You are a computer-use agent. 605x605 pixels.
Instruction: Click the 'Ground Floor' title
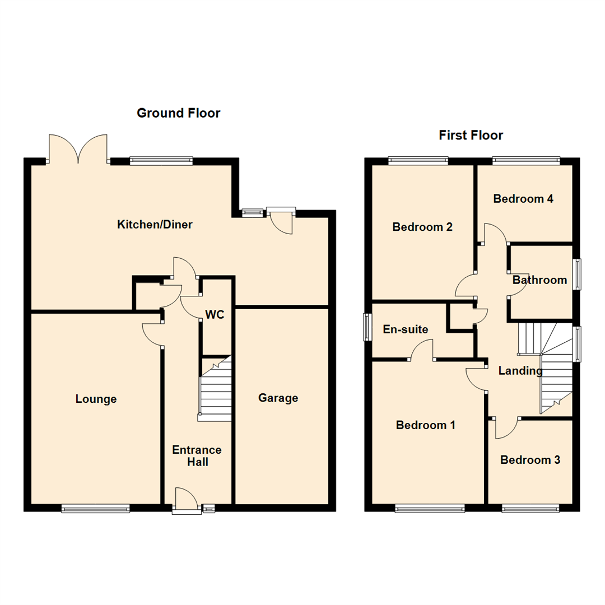pos(179,113)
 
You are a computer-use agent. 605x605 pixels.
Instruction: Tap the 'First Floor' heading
pos(471,135)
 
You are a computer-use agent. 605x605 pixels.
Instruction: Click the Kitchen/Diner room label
pos(155,225)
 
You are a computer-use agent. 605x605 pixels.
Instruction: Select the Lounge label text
pos(96,399)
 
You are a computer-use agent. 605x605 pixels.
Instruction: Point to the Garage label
pos(278,398)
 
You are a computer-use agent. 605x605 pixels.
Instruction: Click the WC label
pos(215,315)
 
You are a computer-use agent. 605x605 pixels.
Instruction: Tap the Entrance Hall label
pos(197,456)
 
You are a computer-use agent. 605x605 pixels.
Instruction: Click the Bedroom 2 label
pos(422,227)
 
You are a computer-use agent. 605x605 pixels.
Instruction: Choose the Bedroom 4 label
pos(523,198)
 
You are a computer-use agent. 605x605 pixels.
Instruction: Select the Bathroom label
pos(539,280)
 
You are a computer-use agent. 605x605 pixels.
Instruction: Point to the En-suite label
pos(406,329)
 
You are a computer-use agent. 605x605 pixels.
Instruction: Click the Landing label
pos(520,371)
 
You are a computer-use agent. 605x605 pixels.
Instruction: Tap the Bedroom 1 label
pos(425,425)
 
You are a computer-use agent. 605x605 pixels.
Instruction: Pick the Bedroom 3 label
pos(530,460)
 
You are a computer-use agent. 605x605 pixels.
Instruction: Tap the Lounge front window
pos(95,509)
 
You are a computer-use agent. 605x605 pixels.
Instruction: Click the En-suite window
pos(367,327)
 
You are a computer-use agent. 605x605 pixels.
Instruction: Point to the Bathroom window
pos(576,274)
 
